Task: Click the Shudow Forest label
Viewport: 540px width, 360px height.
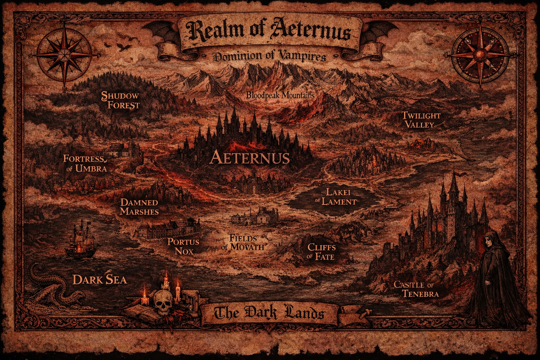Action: click(x=121, y=100)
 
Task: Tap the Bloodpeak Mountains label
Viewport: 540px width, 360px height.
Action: click(x=280, y=95)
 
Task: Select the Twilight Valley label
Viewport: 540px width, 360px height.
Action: click(x=421, y=120)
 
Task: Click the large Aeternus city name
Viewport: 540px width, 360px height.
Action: click(x=250, y=158)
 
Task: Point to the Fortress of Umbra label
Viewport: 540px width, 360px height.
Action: click(x=85, y=163)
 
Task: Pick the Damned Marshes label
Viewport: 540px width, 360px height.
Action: click(x=139, y=207)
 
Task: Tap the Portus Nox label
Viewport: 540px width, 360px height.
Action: click(x=183, y=246)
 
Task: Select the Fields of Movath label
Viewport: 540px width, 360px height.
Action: click(x=243, y=242)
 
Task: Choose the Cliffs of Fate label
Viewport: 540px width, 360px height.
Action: click(x=321, y=251)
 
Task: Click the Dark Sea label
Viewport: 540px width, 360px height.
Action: click(x=99, y=279)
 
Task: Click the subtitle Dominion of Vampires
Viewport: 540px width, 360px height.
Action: click(x=270, y=56)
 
